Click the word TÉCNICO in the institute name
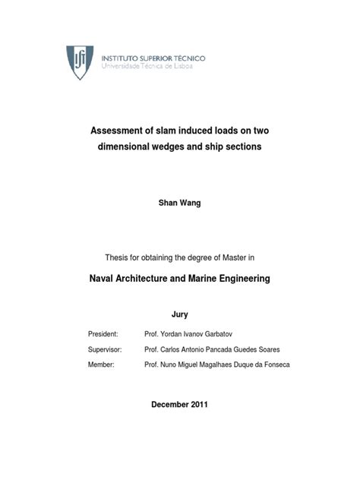pos(185,58)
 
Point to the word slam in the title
pos(171,131)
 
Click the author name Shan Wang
pos(179,204)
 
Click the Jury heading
pos(179,314)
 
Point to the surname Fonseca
pos(273,365)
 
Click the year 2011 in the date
pos(197,404)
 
